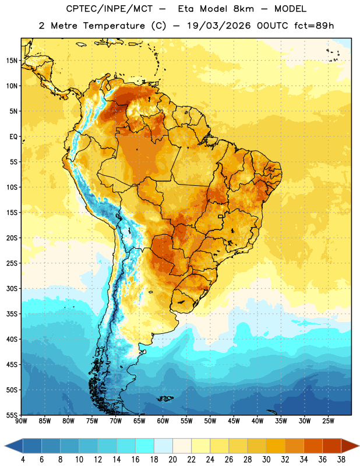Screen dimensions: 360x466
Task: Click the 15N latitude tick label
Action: coord(12,61)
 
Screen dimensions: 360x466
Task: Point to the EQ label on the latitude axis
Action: coord(13,137)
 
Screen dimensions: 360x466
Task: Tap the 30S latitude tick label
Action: coord(12,288)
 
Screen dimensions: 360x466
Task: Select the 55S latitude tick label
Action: coord(12,415)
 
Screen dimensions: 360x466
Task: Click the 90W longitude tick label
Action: coord(21,421)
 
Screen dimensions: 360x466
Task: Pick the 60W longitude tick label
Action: coord(163,421)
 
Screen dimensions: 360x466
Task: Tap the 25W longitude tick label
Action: coord(328,421)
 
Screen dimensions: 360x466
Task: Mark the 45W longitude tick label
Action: coord(234,421)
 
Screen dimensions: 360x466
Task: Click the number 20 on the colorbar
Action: coord(172,460)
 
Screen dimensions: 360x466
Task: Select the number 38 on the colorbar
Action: coord(341,460)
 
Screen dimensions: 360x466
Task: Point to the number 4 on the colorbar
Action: coord(23,460)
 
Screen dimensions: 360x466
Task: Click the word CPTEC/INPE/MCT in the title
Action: coord(110,9)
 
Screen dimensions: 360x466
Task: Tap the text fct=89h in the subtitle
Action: coord(314,26)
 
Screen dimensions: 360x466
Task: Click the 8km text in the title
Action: coord(243,9)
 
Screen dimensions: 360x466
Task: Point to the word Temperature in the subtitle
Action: coord(114,26)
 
